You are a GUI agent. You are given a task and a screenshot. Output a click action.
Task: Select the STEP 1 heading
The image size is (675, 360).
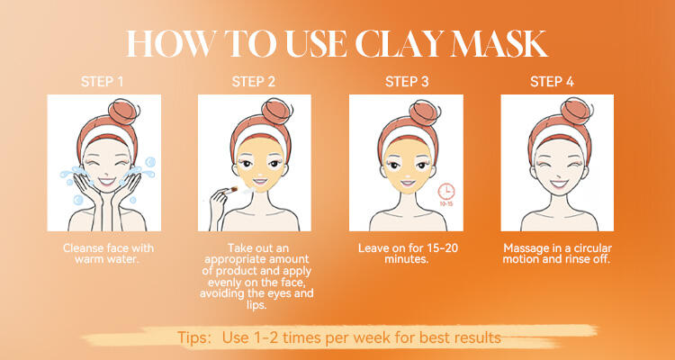click(x=102, y=82)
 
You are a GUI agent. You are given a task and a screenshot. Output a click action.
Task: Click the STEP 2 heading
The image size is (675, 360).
click(x=253, y=82)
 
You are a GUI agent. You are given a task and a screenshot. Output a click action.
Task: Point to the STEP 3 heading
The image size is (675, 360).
click(x=407, y=82)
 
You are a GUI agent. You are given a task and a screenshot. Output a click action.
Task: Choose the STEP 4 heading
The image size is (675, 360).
click(x=552, y=82)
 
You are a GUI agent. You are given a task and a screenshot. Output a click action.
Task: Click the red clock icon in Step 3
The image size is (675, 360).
click(x=446, y=191)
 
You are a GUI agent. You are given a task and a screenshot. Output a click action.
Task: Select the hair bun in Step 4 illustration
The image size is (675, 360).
click(x=575, y=111)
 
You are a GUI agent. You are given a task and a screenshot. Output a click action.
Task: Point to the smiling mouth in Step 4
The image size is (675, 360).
click(x=559, y=184)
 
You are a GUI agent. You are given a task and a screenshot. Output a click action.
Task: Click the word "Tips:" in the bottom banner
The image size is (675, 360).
click(x=194, y=337)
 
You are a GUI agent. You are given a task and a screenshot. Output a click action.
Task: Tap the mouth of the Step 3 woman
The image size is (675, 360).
click(x=407, y=182)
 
